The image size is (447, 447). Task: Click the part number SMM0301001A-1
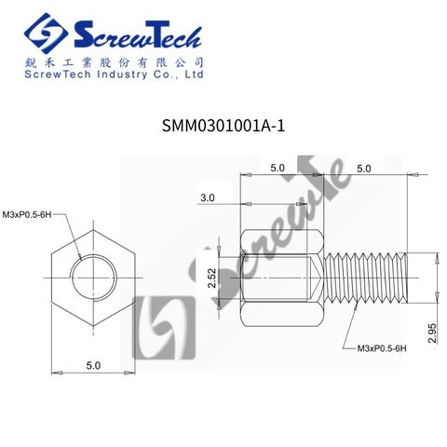click(x=223, y=126)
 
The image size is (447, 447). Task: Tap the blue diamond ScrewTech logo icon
click(x=46, y=34)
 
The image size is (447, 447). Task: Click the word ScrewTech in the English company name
click(x=58, y=74)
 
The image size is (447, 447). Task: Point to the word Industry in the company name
click(x=122, y=74)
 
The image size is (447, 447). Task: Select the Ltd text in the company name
click(x=195, y=74)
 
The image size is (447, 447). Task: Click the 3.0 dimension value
click(x=208, y=197)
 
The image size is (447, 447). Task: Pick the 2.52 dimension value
click(x=211, y=278)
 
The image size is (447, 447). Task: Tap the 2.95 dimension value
click(x=432, y=332)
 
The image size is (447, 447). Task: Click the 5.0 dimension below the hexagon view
click(x=93, y=365)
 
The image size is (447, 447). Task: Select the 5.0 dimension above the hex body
click(x=278, y=168)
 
